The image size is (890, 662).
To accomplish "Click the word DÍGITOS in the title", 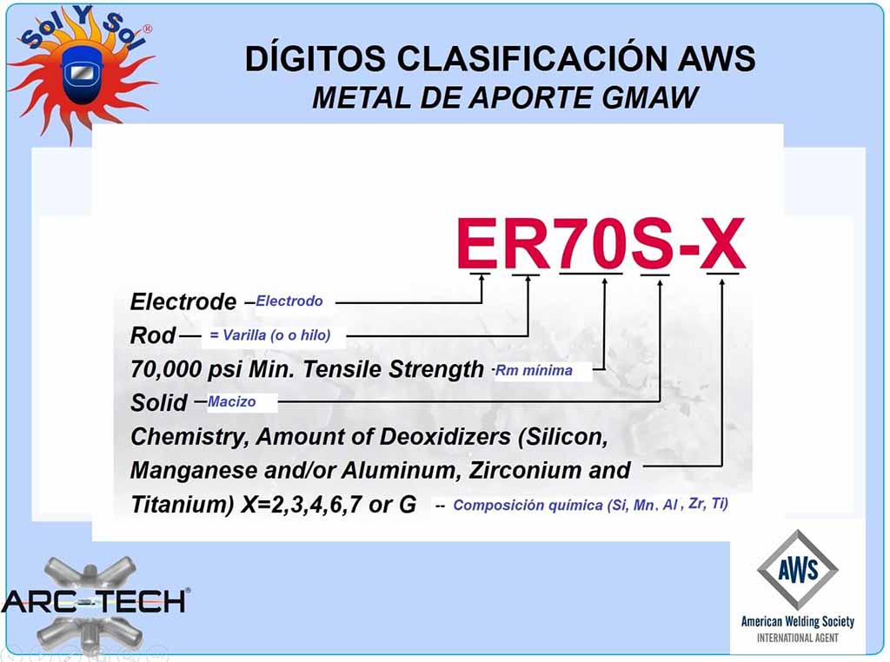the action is click(315, 57).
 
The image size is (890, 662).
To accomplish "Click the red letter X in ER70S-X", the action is click(722, 244).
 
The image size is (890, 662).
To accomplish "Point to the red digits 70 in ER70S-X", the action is click(590, 244).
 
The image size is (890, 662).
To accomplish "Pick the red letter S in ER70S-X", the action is click(653, 244).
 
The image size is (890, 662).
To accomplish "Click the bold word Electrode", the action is click(183, 301).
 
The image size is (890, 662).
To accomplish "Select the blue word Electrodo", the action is click(289, 301).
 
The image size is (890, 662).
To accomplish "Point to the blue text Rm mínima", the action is click(534, 370).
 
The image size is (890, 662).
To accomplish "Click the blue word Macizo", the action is click(231, 401).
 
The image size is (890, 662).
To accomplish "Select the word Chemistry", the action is click(189, 437).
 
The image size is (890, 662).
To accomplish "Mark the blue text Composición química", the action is click(528, 505).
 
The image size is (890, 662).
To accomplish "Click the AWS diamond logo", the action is click(798, 570).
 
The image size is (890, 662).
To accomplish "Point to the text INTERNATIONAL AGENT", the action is click(798, 638).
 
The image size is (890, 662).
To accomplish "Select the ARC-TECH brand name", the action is click(94, 600).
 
